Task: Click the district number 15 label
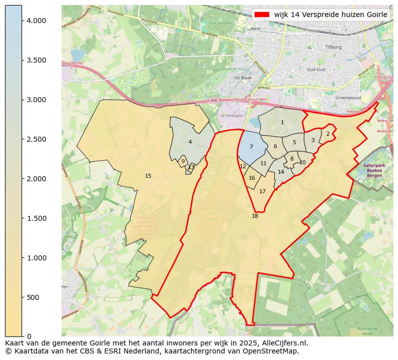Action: tap(148, 176)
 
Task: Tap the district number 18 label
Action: tap(255, 216)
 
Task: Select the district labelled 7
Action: tap(251, 147)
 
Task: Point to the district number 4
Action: tap(190, 142)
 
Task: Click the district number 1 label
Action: tap(282, 122)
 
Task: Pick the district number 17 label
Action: tap(262, 191)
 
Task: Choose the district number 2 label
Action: tap(328, 134)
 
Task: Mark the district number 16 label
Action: tap(252, 178)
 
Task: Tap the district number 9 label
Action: tap(183, 161)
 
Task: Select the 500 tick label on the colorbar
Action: tap(33, 297)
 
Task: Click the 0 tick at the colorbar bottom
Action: tap(29, 336)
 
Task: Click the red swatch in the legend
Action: tap(262, 15)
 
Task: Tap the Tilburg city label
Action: tap(333, 47)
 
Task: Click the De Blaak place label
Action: tap(243, 78)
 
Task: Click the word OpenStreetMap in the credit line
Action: tap(276, 351)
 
